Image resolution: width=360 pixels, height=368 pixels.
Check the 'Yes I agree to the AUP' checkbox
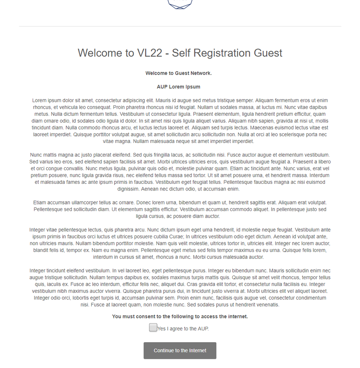153,327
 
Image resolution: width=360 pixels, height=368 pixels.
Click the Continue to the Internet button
180,350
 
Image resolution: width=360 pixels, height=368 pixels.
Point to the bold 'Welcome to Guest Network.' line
179,73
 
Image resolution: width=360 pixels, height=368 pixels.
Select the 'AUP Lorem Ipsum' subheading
179,87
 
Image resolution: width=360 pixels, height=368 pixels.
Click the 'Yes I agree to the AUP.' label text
183,329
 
